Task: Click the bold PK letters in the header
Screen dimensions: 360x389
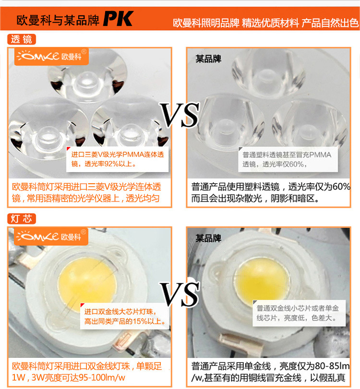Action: (118, 19)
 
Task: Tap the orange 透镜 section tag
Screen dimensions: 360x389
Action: (22, 39)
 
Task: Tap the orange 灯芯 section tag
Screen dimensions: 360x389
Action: (22, 219)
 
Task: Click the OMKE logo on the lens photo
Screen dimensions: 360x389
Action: (51, 56)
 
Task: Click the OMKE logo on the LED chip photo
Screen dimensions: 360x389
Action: (51, 236)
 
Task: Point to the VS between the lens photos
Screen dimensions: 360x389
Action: (179, 115)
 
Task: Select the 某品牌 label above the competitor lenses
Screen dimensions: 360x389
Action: (208, 59)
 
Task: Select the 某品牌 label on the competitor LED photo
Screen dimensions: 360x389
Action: (208, 238)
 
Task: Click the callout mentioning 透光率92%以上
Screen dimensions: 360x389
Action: (118, 159)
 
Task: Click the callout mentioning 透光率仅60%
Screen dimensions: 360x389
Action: (288, 160)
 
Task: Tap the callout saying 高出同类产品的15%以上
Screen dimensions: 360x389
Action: (125, 316)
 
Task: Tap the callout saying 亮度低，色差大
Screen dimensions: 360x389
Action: (299, 313)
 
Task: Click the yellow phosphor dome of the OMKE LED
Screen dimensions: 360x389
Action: (87, 283)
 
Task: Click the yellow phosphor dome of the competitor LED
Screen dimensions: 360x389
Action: (262, 280)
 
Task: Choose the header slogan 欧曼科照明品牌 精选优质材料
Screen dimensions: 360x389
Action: (236, 23)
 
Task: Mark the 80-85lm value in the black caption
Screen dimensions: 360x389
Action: (332, 366)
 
